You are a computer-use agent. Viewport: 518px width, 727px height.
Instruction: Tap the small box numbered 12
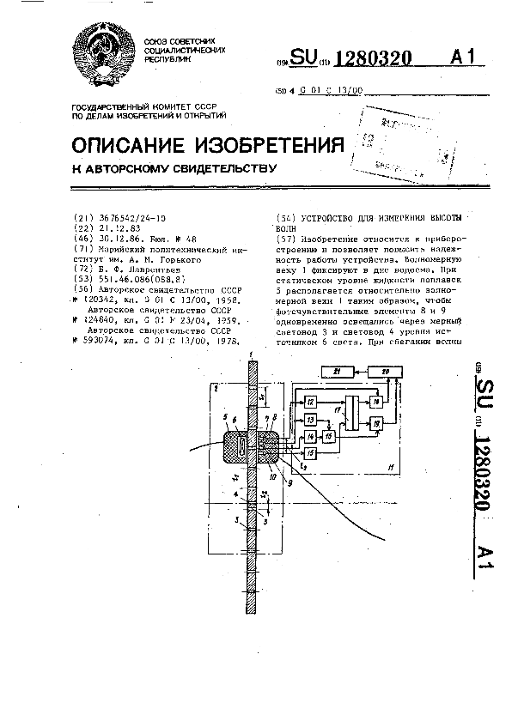pyautogui.click(x=311, y=402)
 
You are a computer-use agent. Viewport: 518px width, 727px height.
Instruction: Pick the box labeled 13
pyautogui.click(x=311, y=419)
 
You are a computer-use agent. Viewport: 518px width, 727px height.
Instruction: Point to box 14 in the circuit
pyautogui.click(x=311, y=436)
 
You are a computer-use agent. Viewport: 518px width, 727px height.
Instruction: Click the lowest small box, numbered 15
pyautogui.click(x=311, y=452)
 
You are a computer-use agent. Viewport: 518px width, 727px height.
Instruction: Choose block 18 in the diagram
pyautogui.click(x=375, y=402)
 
